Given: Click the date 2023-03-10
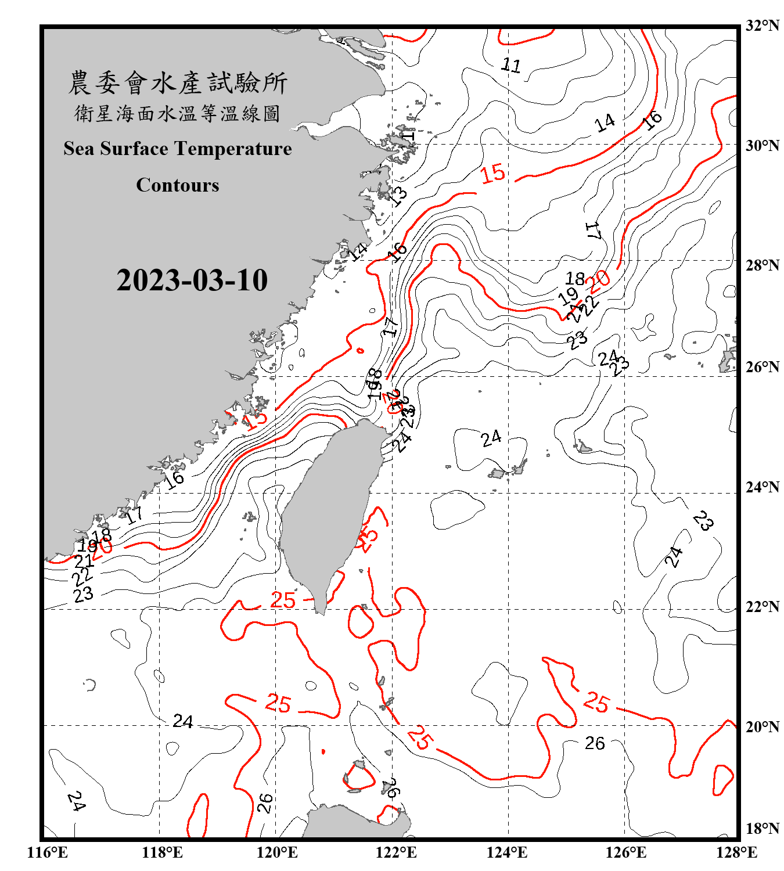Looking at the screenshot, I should (192, 280).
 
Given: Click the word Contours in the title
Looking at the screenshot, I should (178, 185).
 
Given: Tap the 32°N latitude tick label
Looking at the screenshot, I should (762, 26).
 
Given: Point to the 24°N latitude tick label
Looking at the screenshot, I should (762, 487).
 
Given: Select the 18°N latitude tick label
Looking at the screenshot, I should (762, 829).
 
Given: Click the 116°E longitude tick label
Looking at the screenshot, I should (48, 852).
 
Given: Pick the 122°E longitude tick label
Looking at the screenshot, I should (396, 852).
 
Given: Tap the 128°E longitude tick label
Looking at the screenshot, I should (737, 852).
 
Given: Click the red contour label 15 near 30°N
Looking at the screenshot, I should (493, 173).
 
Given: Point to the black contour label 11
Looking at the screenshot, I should (511, 65).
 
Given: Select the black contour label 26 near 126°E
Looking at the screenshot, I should (595, 743).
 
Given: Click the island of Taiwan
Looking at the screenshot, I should (328, 511).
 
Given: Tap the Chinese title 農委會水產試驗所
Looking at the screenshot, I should (178, 83).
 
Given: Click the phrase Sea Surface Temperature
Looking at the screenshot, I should (178, 149).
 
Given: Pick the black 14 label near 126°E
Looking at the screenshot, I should (605, 123).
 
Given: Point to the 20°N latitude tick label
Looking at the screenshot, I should (762, 726).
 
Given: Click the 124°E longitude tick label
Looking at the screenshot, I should (507, 852).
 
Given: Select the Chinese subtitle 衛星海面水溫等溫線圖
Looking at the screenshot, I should (178, 114).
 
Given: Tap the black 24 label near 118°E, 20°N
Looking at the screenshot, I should (183, 721).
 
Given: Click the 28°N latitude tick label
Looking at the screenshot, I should (762, 265).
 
